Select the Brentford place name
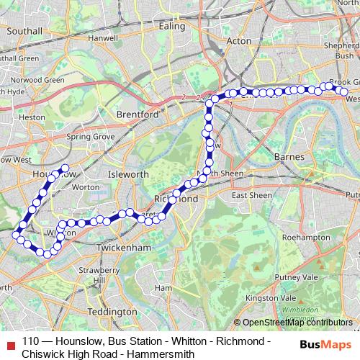(x=139, y=114)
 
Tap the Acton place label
(x=238, y=42)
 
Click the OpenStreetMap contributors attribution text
(x=297, y=322)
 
